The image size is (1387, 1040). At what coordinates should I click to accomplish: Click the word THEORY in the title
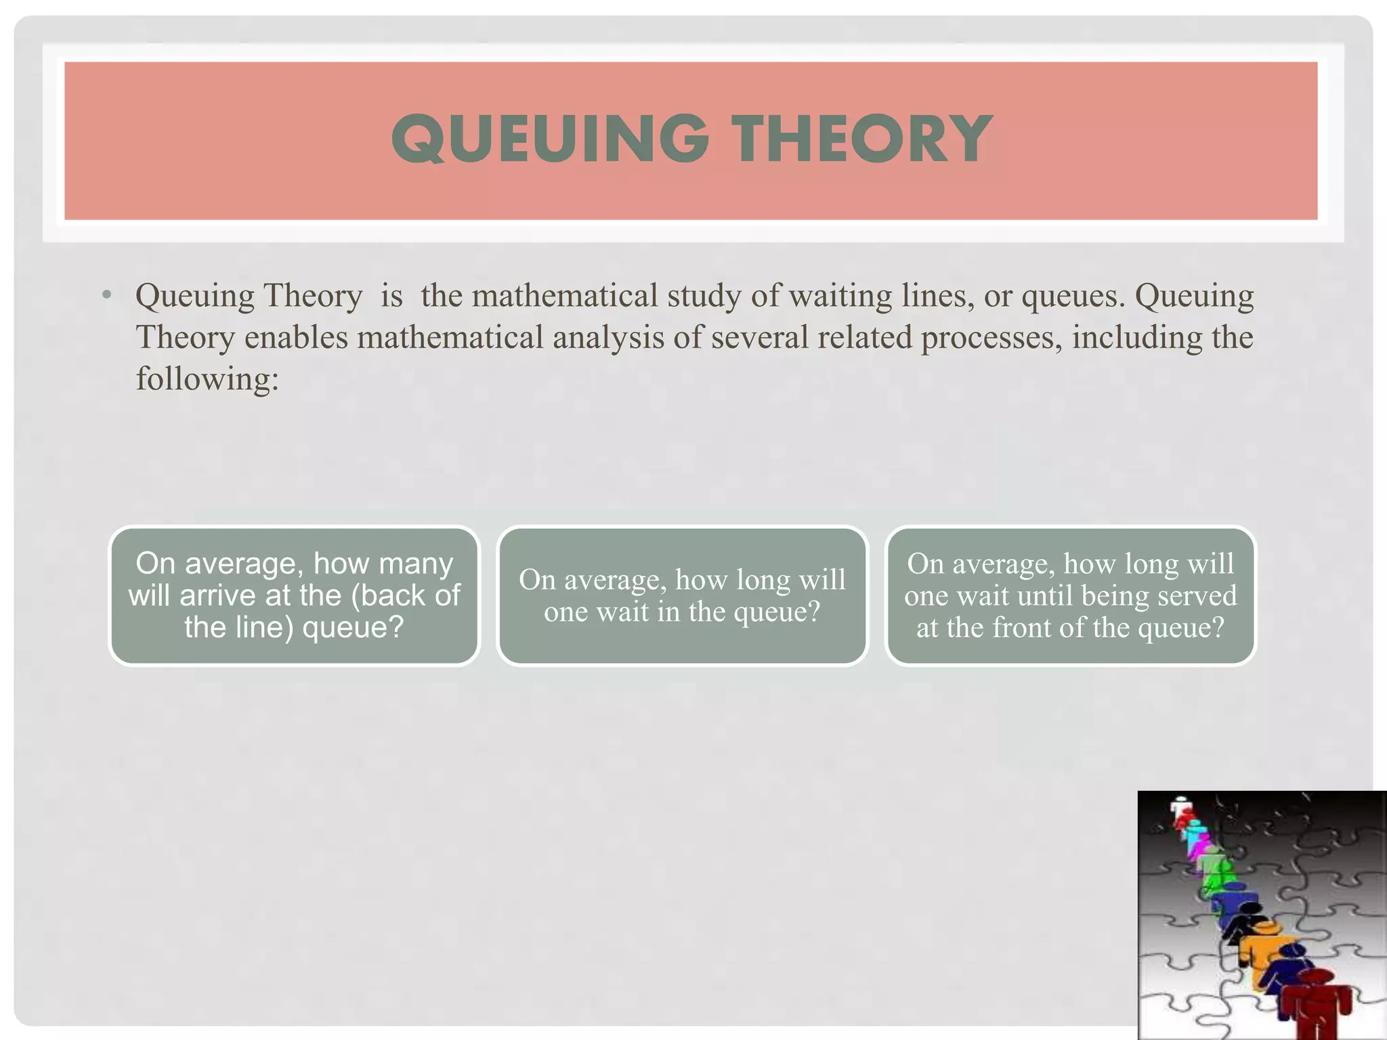tap(865, 139)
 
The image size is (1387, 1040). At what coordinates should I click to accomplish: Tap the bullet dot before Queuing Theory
tap(106, 296)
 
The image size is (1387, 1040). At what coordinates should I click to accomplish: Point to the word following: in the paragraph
tap(207, 378)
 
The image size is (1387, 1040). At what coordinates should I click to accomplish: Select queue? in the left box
tap(353, 627)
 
